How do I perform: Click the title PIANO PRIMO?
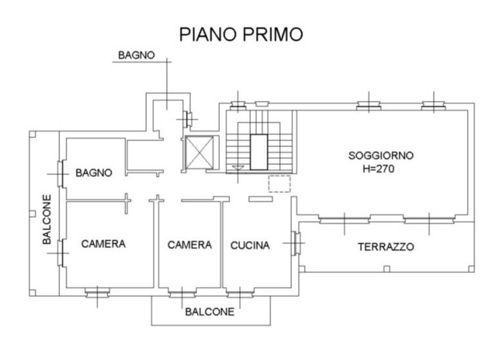[241, 34]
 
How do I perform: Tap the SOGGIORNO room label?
[381, 155]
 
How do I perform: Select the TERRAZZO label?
[386, 247]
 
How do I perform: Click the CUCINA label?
[250, 245]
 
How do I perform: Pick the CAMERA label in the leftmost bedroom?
[103, 244]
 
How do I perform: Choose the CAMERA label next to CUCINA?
[190, 245]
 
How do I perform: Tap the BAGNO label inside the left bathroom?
[94, 172]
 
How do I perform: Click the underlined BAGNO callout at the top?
[136, 55]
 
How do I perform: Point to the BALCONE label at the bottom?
[210, 312]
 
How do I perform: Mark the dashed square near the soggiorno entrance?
[279, 183]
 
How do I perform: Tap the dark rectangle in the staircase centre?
[259, 152]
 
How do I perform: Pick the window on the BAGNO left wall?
[60, 173]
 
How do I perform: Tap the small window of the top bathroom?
[188, 119]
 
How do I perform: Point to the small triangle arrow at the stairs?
[239, 167]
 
